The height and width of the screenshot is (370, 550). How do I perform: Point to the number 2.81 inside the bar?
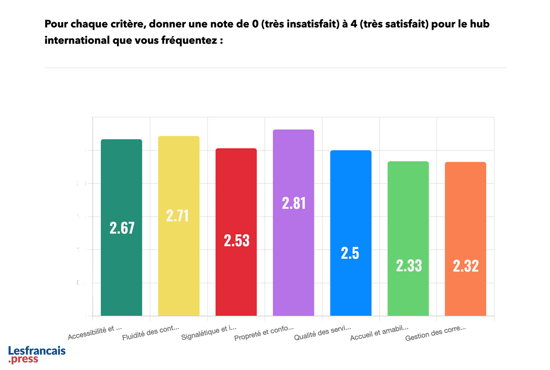pos(294,203)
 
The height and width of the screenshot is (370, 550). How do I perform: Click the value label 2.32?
pos(466,266)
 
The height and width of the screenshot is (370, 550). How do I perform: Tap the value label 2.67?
pos(122,228)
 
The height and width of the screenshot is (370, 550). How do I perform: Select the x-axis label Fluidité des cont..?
pos(150,333)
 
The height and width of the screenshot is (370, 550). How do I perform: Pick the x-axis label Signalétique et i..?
pos(208,333)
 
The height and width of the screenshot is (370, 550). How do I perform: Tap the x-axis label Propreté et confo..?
pos(264,333)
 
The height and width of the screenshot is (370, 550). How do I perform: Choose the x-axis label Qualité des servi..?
pos(322,333)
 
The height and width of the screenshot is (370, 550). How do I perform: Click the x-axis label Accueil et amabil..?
pos(379,333)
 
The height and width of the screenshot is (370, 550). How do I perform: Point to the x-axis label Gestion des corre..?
pos(435,333)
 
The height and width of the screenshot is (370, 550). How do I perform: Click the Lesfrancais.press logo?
pos(36,354)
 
